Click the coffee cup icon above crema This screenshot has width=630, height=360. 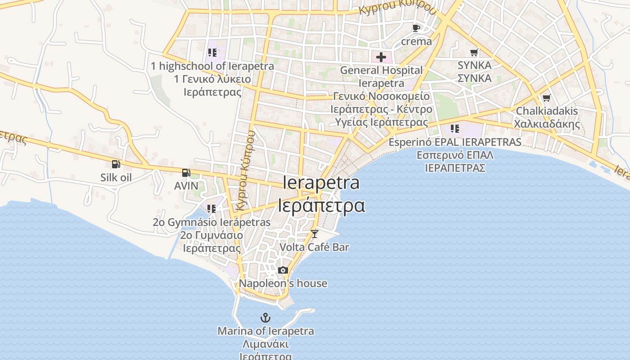[x=416, y=28]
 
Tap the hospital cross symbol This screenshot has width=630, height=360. [x=381, y=57]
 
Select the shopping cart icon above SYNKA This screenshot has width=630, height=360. [x=474, y=52]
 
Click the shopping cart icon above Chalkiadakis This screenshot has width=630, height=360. [x=546, y=98]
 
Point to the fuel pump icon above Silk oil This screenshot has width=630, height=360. [x=116, y=164]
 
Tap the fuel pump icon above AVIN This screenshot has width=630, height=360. [x=186, y=172]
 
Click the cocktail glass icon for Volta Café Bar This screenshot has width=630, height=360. [x=315, y=234]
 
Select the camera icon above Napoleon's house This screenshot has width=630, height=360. [x=283, y=270]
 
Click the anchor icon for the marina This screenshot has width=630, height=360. [x=265, y=318]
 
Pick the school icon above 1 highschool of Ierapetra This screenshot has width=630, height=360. [x=212, y=53]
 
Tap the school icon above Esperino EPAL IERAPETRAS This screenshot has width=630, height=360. [x=455, y=129]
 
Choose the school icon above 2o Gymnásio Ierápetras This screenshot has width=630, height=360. [x=211, y=209]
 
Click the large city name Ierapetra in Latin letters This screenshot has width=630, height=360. [x=321, y=183]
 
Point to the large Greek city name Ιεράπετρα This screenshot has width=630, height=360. [x=321, y=205]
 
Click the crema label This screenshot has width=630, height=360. [x=416, y=41]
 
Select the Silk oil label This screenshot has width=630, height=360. [x=116, y=177]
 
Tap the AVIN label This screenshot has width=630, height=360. [x=186, y=185]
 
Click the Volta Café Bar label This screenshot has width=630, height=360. [x=314, y=247]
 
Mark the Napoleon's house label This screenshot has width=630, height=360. [x=283, y=283]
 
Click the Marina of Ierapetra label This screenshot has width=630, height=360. [x=265, y=331]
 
